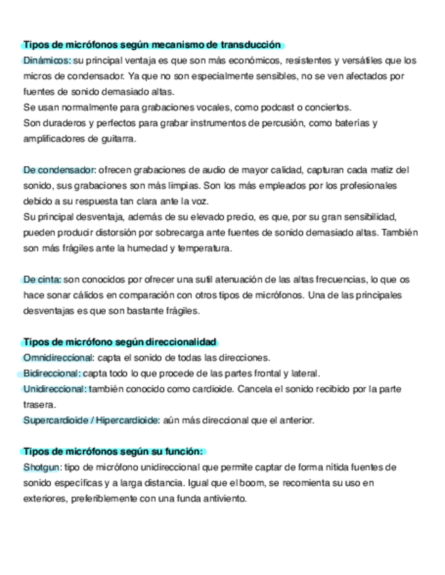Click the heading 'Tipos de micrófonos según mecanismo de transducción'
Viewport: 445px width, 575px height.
pos(152,45)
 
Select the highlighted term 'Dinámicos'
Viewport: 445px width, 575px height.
pos(45,60)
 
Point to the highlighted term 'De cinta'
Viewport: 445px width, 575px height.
pos(42,279)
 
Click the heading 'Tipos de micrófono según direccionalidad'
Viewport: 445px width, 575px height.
pos(119,342)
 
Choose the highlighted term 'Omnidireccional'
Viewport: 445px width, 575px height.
pos(58,357)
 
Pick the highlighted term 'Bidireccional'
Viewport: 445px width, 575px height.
pos(52,374)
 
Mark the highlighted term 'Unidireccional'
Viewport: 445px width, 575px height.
pos(54,389)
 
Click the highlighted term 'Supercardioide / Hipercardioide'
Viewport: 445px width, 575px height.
pos(91,420)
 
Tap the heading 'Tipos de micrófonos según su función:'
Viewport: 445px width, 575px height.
pos(113,452)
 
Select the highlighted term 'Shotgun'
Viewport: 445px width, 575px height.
pos(42,467)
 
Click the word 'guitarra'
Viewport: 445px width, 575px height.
pos(117,138)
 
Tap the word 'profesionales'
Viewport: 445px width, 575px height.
pos(367,185)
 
